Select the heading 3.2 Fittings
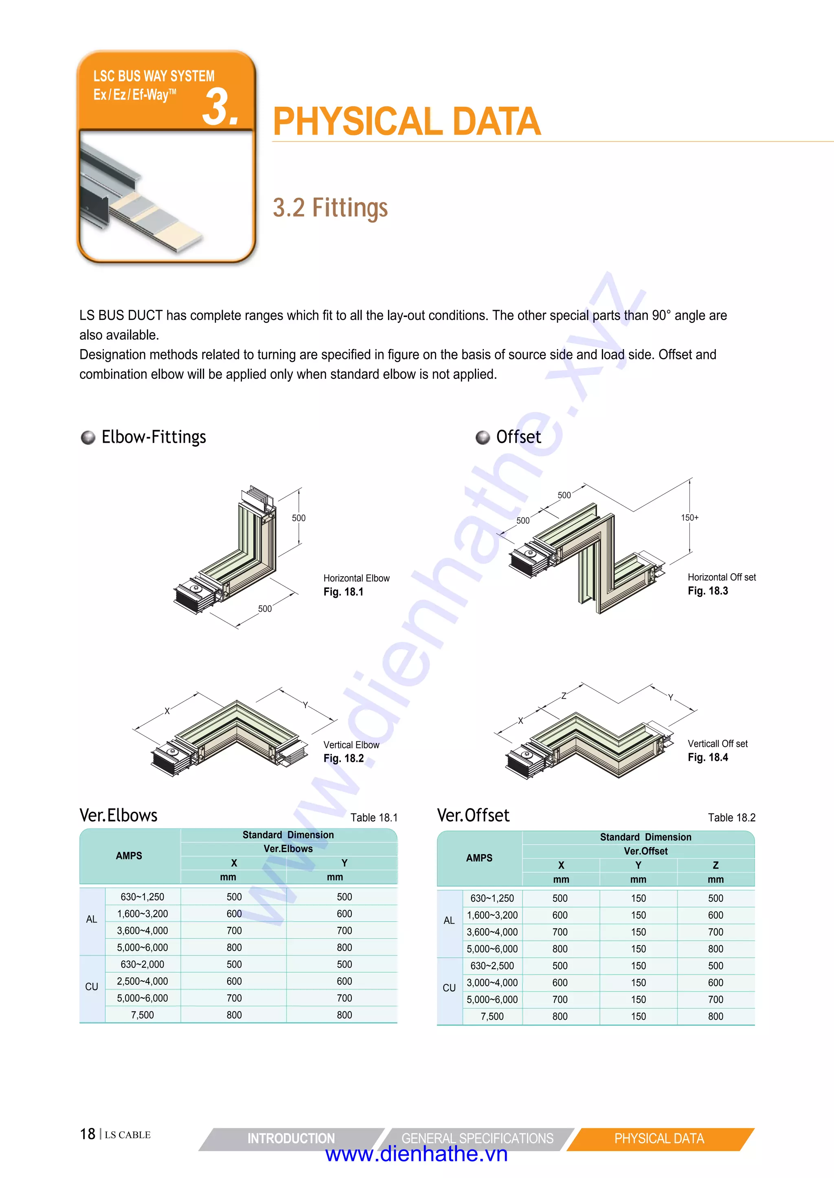(330, 208)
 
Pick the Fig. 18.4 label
(708, 757)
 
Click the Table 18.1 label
(374, 817)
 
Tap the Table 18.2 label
(731, 817)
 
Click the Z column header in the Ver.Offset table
(715, 865)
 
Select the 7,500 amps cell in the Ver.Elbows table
(142, 1015)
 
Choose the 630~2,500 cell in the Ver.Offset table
(492, 966)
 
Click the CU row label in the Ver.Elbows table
(91, 987)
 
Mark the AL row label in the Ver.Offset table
(449, 920)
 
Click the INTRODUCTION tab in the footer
(291, 1139)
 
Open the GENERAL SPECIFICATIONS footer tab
(477, 1139)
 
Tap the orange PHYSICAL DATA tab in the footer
(659, 1139)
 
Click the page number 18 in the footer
(87, 1134)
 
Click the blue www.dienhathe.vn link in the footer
(417, 1154)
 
